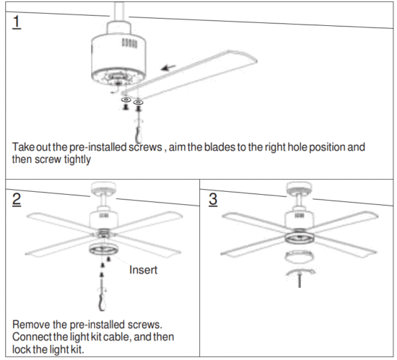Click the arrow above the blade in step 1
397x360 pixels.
tap(170, 69)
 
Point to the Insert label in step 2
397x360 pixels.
tap(144, 270)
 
